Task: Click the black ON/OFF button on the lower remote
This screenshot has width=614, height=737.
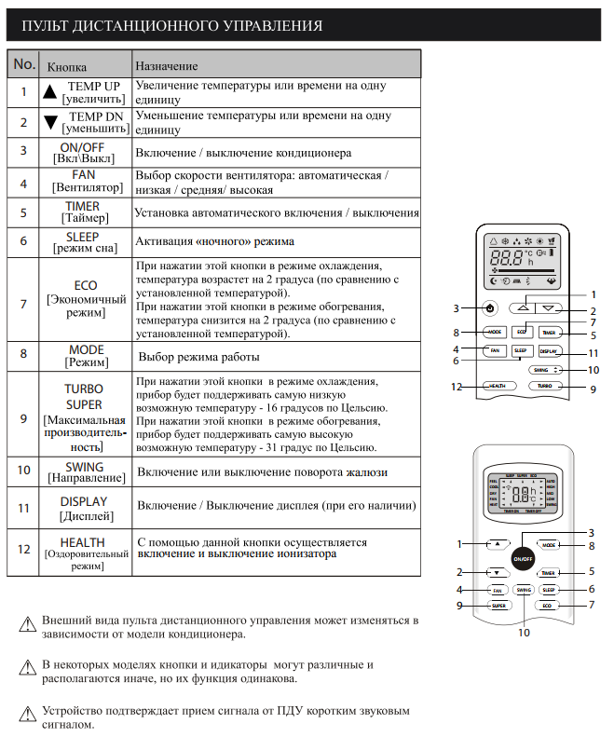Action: (x=522, y=558)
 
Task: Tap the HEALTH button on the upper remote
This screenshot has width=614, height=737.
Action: (x=498, y=385)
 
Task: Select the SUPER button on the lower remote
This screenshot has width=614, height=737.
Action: (x=498, y=606)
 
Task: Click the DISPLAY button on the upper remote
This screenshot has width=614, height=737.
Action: (x=549, y=351)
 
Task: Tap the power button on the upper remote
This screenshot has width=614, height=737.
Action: (x=490, y=307)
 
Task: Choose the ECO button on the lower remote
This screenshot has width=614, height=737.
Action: (x=548, y=606)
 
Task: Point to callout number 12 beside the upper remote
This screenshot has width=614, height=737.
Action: (x=457, y=386)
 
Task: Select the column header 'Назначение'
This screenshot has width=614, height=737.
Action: (x=167, y=67)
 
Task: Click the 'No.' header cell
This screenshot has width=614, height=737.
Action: (x=24, y=64)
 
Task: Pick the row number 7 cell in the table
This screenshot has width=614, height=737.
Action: (x=23, y=304)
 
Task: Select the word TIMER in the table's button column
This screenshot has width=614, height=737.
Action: (x=82, y=206)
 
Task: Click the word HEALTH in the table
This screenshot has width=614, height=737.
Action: (x=82, y=542)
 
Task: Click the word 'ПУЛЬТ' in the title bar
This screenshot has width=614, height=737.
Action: (x=48, y=25)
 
